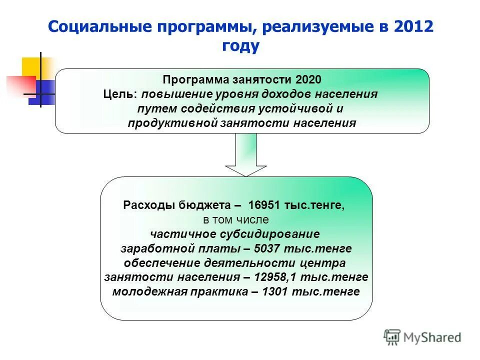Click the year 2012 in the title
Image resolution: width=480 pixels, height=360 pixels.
click(x=412, y=27)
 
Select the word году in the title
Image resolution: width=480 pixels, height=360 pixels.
click(x=240, y=46)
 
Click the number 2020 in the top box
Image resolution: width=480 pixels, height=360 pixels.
click(x=308, y=80)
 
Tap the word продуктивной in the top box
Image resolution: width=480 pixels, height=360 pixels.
click(x=172, y=123)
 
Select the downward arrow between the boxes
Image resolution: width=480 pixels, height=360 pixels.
click(x=245, y=154)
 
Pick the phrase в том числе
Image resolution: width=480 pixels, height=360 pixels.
click(x=236, y=220)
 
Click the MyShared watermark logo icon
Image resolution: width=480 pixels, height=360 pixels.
click(x=392, y=337)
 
